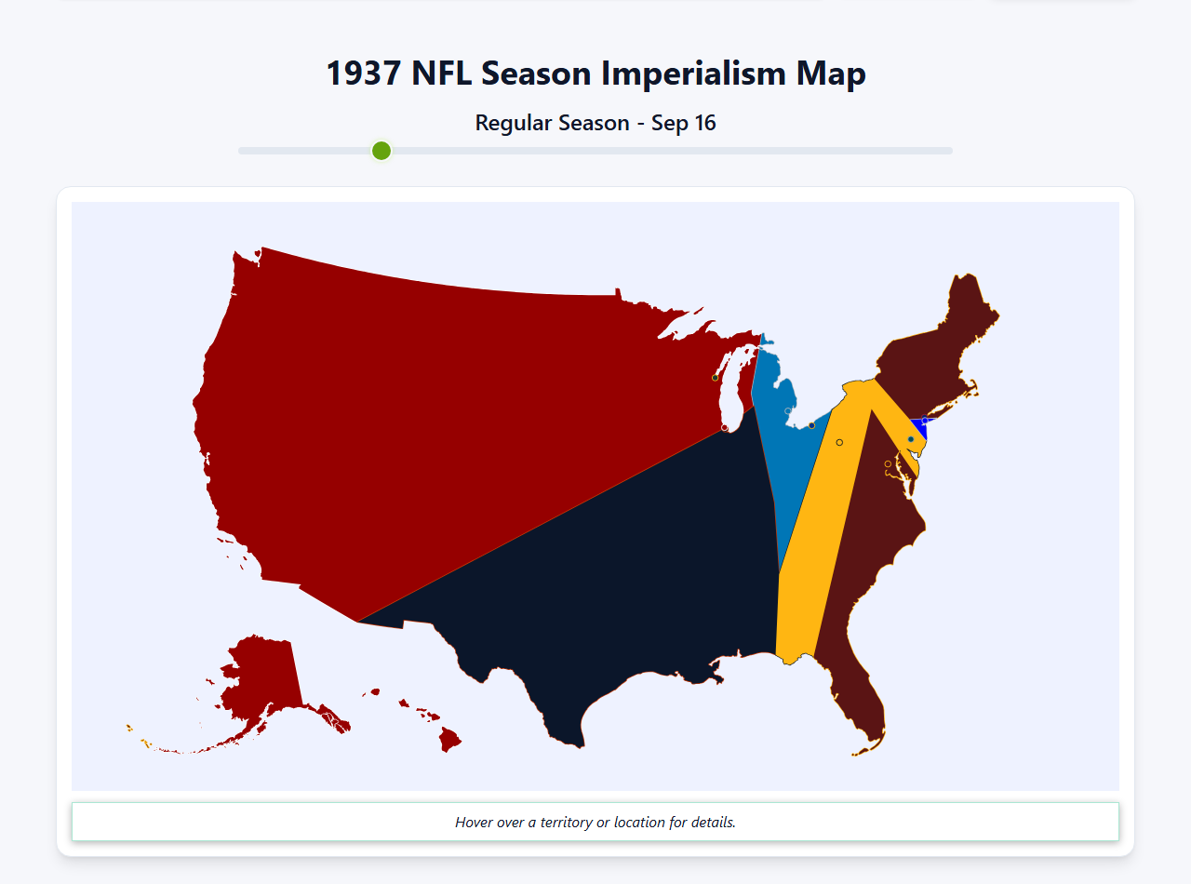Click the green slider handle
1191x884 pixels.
pyautogui.click(x=381, y=151)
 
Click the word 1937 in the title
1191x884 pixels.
pyautogui.click(x=364, y=74)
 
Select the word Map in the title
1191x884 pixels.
pyautogui.click(x=831, y=74)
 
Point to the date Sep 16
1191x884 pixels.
pyautogui.click(x=683, y=123)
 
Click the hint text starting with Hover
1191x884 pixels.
pyautogui.click(x=595, y=823)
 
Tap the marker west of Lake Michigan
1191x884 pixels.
pyautogui.click(x=715, y=377)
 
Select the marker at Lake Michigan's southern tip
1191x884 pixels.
pyautogui.click(x=725, y=427)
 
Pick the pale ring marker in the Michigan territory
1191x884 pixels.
pyautogui.click(x=788, y=410)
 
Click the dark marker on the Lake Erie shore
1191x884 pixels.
pyautogui.click(x=812, y=425)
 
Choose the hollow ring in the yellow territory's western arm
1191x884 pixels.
pyautogui.click(x=839, y=442)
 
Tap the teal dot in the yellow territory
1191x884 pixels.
pyautogui.click(x=911, y=439)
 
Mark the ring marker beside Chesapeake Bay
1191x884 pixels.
pyautogui.click(x=888, y=463)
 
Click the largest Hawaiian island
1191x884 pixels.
pyautogui.click(x=449, y=741)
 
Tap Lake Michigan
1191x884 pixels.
pyautogui.click(x=731, y=395)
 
